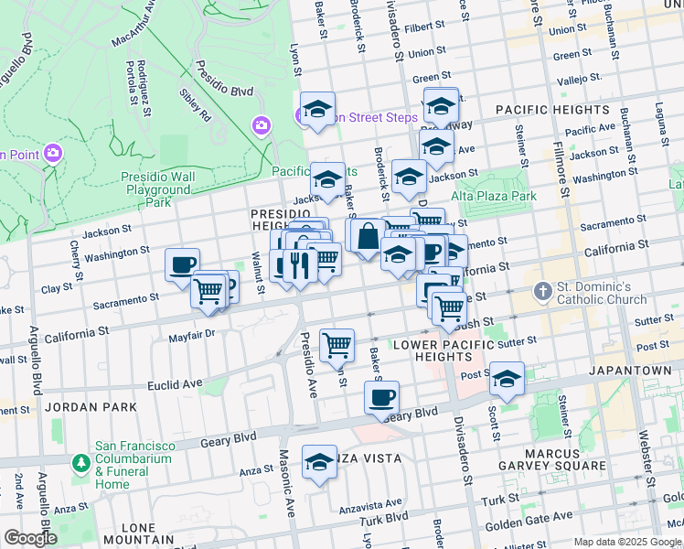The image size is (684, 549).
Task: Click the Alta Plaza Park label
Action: (494, 196)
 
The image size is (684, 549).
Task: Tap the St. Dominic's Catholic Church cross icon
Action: (543, 292)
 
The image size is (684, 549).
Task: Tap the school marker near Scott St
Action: (506, 377)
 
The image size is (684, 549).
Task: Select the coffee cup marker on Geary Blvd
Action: (381, 397)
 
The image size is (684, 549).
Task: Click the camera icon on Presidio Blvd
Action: (262, 124)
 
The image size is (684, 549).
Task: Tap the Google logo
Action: (30, 538)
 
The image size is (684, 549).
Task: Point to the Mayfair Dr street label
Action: (190, 334)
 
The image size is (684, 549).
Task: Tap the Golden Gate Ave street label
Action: (530, 524)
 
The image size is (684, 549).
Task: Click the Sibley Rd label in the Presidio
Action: (196, 103)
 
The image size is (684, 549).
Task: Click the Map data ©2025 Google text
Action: (627, 541)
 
